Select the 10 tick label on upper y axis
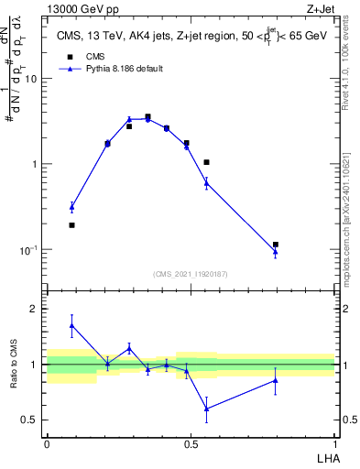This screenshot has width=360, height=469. (30, 79)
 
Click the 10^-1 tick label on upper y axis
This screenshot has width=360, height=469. (27, 250)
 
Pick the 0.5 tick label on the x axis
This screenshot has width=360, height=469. (190, 442)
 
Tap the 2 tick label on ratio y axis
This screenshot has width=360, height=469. (36, 309)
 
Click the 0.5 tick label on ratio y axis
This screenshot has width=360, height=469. (30, 420)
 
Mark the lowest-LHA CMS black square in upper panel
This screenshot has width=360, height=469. (71, 224)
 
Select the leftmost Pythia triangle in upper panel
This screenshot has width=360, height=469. (71, 207)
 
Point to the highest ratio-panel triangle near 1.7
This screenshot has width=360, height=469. (71, 325)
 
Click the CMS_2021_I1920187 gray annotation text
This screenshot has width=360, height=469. (190, 274)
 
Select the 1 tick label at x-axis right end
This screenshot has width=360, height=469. (333, 442)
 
